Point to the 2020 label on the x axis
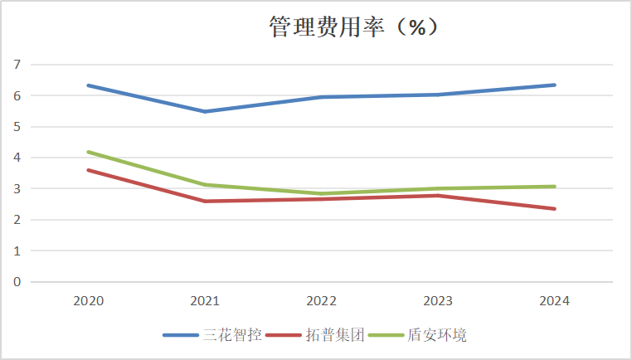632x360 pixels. (x=88, y=301)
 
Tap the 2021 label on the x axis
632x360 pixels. (x=205, y=301)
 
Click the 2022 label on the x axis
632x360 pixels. (x=321, y=301)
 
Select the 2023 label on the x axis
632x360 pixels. (x=438, y=301)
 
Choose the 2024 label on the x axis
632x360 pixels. (x=554, y=301)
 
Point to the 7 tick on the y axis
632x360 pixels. (x=17, y=65)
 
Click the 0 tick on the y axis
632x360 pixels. (x=17, y=282)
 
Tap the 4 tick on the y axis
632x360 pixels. (x=17, y=158)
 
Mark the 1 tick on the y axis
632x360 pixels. (x=17, y=251)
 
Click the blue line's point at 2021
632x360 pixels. (x=205, y=111)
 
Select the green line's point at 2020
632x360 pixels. (x=88, y=152)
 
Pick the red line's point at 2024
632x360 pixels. (x=554, y=208)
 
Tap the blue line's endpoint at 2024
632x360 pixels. (x=554, y=85)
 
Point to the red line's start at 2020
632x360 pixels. (x=88, y=170)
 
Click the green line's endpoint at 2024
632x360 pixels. (x=554, y=187)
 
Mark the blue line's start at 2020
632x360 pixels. (x=88, y=85)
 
